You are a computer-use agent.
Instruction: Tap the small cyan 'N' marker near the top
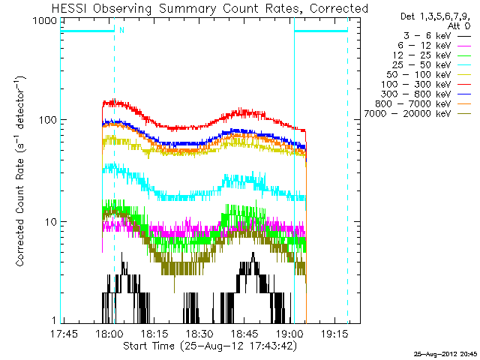121,30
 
